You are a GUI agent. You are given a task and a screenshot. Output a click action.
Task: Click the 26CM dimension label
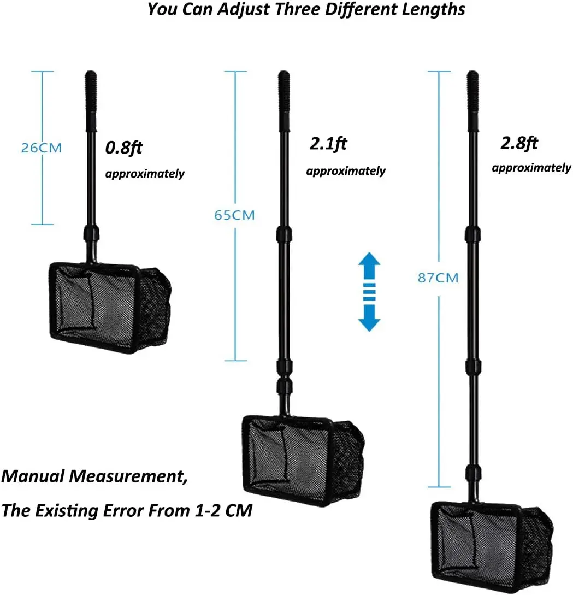point(42,148)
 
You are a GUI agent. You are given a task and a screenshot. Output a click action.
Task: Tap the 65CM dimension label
point(234,215)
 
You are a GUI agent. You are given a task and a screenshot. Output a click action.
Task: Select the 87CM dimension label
point(438,278)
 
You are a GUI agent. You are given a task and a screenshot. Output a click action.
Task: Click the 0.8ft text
point(124,148)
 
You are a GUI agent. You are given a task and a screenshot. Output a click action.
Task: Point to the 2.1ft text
point(328,144)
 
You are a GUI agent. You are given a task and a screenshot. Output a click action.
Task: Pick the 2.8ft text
point(519,143)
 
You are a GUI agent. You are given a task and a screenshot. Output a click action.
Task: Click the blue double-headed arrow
point(369,291)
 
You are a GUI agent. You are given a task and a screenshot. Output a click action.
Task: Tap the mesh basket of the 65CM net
point(300,456)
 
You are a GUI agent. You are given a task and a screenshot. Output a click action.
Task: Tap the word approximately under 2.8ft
point(531,168)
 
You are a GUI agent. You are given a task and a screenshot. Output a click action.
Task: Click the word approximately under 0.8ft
point(145,174)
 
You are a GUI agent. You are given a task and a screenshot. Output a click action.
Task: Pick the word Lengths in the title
point(438,10)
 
